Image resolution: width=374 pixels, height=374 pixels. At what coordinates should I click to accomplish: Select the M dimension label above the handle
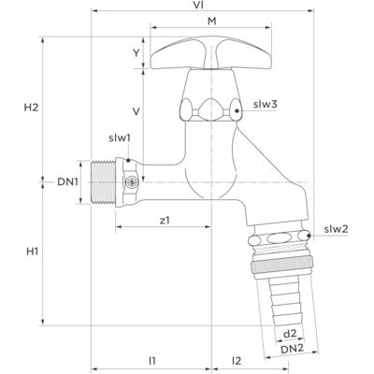(x=212, y=22)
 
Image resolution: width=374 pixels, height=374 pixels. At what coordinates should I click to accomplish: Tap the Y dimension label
(x=137, y=53)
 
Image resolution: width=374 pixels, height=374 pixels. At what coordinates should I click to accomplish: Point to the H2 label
(x=32, y=108)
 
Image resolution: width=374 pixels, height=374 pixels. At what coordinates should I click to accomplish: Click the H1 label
(x=32, y=252)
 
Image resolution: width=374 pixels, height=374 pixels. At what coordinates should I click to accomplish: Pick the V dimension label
(x=136, y=111)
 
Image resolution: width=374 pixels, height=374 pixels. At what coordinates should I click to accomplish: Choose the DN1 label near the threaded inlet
(x=67, y=182)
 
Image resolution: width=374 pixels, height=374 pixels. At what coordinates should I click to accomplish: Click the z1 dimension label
(x=165, y=221)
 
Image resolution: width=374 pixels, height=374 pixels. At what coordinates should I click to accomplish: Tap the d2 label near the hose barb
(x=290, y=334)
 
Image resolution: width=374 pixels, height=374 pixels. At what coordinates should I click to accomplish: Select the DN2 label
(x=292, y=349)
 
